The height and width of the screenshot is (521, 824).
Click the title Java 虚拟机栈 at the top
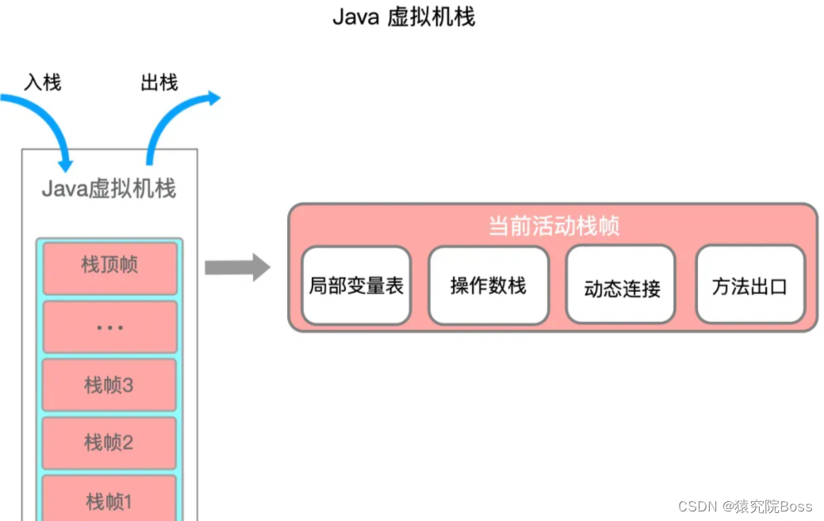[x=404, y=17]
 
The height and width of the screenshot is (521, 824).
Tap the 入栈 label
[x=43, y=82]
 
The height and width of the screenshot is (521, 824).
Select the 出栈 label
[x=159, y=82]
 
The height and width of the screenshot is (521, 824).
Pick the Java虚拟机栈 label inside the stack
[x=109, y=189]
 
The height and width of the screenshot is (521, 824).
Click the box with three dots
[x=109, y=326]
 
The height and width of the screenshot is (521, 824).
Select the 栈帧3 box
[x=109, y=385]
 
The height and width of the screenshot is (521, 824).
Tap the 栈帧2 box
[x=109, y=442]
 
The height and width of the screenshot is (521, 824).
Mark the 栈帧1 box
[x=109, y=500]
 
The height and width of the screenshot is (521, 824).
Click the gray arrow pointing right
[x=237, y=267]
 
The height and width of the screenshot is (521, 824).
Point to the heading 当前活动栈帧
[x=553, y=226]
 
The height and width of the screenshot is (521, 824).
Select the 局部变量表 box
[x=356, y=285]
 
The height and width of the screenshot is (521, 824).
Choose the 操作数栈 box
[x=488, y=285]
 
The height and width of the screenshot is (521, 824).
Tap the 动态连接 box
[x=621, y=286]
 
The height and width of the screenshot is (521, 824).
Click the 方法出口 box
[x=749, y=285]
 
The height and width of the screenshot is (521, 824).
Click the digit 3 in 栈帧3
[x=128, y=385]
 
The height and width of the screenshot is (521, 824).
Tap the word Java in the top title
[x=355, y=17]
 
